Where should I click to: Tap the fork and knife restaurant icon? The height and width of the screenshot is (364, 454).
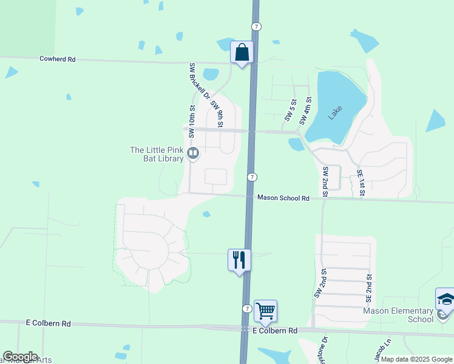click(239, 260)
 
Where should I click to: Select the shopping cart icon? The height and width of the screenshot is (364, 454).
click(266, 311)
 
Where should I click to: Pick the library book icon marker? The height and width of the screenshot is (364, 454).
click(193, 153)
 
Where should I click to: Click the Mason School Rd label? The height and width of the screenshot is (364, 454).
click(283, 198)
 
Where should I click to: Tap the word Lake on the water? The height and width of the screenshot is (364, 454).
click(335, 112)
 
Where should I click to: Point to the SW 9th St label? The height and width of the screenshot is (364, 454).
click(217, 113)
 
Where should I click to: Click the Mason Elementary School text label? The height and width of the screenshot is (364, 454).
click(398, 315)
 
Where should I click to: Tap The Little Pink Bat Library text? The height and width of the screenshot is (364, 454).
click(157, 154)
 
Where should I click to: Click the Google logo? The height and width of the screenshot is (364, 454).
click(19, 357)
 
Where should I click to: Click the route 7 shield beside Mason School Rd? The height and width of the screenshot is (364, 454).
click(252, 176)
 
